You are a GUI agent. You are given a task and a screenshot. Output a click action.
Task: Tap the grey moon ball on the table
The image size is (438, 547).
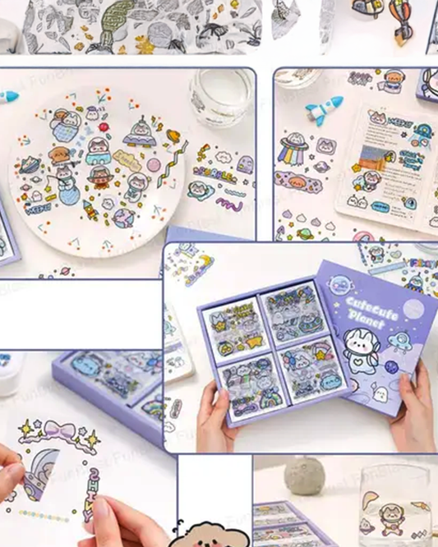[300, 476]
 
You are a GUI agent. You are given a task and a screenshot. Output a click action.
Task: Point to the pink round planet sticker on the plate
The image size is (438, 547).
[154, 167]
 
